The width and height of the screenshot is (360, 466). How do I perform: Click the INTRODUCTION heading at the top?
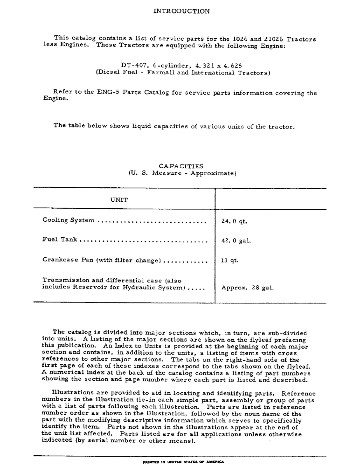click(181, 11)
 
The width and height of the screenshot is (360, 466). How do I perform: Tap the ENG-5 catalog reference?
click(109, 93)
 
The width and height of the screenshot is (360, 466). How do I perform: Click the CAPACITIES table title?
click(181, 166)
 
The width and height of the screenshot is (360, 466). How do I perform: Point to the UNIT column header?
click(119, 200)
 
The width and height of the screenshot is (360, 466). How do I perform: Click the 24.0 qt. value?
click(234, 221)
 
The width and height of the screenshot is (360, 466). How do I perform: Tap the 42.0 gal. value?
click(236, 241)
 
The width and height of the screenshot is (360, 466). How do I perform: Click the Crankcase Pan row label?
click(68, 260)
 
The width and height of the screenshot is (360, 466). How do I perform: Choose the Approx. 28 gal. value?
click(247, 288)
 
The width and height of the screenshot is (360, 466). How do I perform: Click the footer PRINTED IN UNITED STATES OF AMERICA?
click(183, 462)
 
